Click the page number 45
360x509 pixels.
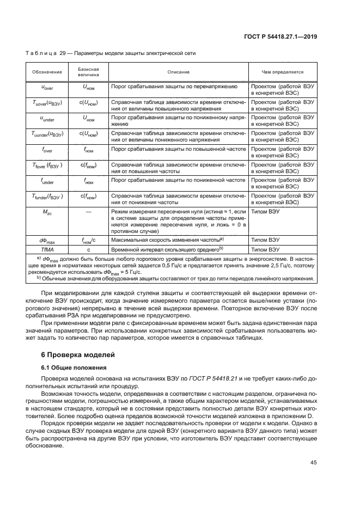coord(312,463)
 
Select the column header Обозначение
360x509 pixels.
coord(47,72)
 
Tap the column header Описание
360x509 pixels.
coord(178,72)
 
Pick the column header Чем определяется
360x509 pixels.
coord(283,72)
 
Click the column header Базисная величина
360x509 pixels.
coord(88,72)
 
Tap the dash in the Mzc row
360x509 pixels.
coord(88,211)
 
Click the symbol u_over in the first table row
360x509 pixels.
coord(47,87)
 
